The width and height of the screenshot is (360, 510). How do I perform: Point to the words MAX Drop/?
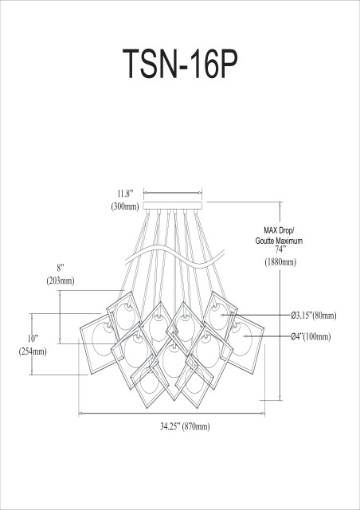click(x=273, y=229)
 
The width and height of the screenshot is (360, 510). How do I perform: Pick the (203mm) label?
click(x=60, y=280)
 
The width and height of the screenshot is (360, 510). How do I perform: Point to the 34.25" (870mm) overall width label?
click(x=180, y=426)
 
